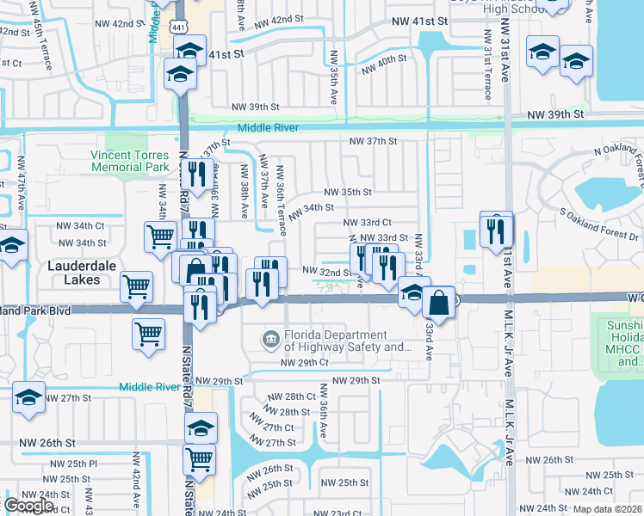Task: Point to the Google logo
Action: point(29,505)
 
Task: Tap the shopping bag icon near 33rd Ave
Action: point(438,303)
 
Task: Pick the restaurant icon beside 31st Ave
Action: point(496,230)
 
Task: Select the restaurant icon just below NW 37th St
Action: point(199,175)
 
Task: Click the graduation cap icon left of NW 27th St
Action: point(29,397)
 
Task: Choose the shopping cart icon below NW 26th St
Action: point(199,459)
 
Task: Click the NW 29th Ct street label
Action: point(306,363)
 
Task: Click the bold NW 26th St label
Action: point(48,443)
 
